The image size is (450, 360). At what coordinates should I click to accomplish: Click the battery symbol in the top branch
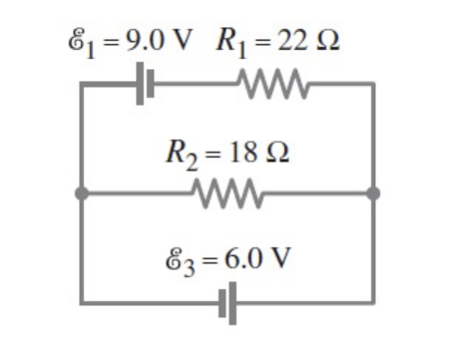[147, 86]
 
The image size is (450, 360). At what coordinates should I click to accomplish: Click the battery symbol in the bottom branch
[228, 301]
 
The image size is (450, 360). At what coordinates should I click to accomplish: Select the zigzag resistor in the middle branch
[228, 192]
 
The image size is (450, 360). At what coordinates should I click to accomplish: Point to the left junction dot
[81, 192]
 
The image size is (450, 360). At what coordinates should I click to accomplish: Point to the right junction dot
[373, 192]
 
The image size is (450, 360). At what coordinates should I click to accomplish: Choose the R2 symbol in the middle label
[178, 157]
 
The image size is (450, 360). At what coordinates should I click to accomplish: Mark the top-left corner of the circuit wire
[81, 86]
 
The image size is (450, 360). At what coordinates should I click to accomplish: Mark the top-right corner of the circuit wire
[373, 86]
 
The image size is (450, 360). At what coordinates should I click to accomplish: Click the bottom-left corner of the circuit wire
[81, 301]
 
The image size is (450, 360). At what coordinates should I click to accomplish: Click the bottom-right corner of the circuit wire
[373, 301]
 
